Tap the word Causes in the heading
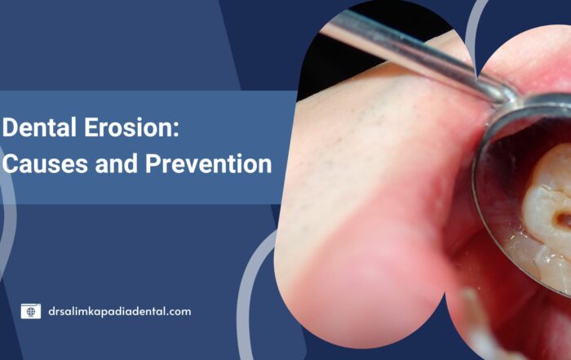point(45,163)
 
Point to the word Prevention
point(208,163)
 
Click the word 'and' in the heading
point(117,163)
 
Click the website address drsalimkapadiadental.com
point(119,312)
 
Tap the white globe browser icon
point(31,311)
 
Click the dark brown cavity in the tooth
point(563,220)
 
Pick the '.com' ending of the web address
point(176,312)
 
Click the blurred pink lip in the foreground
point(364,277)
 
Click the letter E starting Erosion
point(91,127)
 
